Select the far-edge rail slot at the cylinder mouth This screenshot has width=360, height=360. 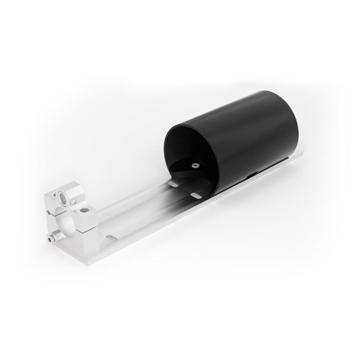[174, 183]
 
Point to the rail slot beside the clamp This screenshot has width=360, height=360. [110, 237]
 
